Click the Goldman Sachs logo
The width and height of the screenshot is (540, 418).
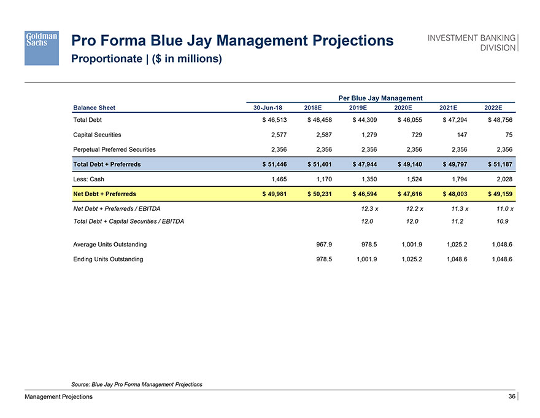pyautogui.click(x=42, y=47)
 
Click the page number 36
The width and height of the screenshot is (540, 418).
pyautogui.click(x=511, y=397)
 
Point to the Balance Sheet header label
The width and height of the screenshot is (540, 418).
pyautogui.click(x=94, y=108)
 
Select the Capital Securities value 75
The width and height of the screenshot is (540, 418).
pyautogui.click(x=507, y=135)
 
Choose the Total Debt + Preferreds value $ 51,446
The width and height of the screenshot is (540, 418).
pyautogui.click(x=267, y=165)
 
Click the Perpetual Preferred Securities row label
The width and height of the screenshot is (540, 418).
pyautogui.click(x=114, y=149)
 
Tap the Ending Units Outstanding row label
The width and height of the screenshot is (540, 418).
pyautogui.click(x=108, y=259)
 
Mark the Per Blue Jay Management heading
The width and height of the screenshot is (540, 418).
pyautogui.click(x=380, y=98)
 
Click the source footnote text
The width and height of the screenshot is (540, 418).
pyautogui.click(x=137, y=384)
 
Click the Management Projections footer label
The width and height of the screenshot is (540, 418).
pyautogui.click(x=59, y=397)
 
